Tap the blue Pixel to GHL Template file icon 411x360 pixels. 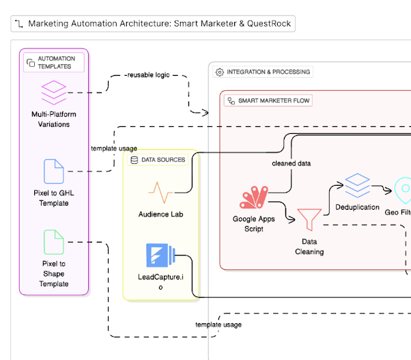click(54, 171)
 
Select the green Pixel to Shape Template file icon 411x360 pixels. click(54, 243)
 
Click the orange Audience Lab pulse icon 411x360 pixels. click(161, 192)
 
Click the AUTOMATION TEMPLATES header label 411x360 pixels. click(57, 63)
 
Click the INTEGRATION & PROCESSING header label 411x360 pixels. click(268, 72)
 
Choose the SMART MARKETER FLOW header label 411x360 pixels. click(272, 100)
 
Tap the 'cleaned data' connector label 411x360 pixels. click(292, 163)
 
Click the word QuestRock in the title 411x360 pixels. click(270, 23)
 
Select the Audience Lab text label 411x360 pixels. click(161, 214)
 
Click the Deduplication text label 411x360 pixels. click(357, 207)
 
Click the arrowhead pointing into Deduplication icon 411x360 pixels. click(341, 185)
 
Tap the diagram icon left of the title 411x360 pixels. click(19, 23)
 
